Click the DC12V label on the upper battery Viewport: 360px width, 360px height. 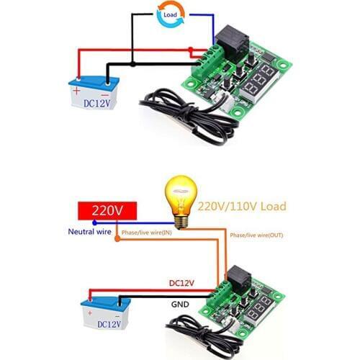97,103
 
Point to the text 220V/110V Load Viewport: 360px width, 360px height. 241,207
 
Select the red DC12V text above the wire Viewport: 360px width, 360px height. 181,283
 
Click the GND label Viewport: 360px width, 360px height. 180,305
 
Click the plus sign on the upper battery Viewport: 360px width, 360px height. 76,91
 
